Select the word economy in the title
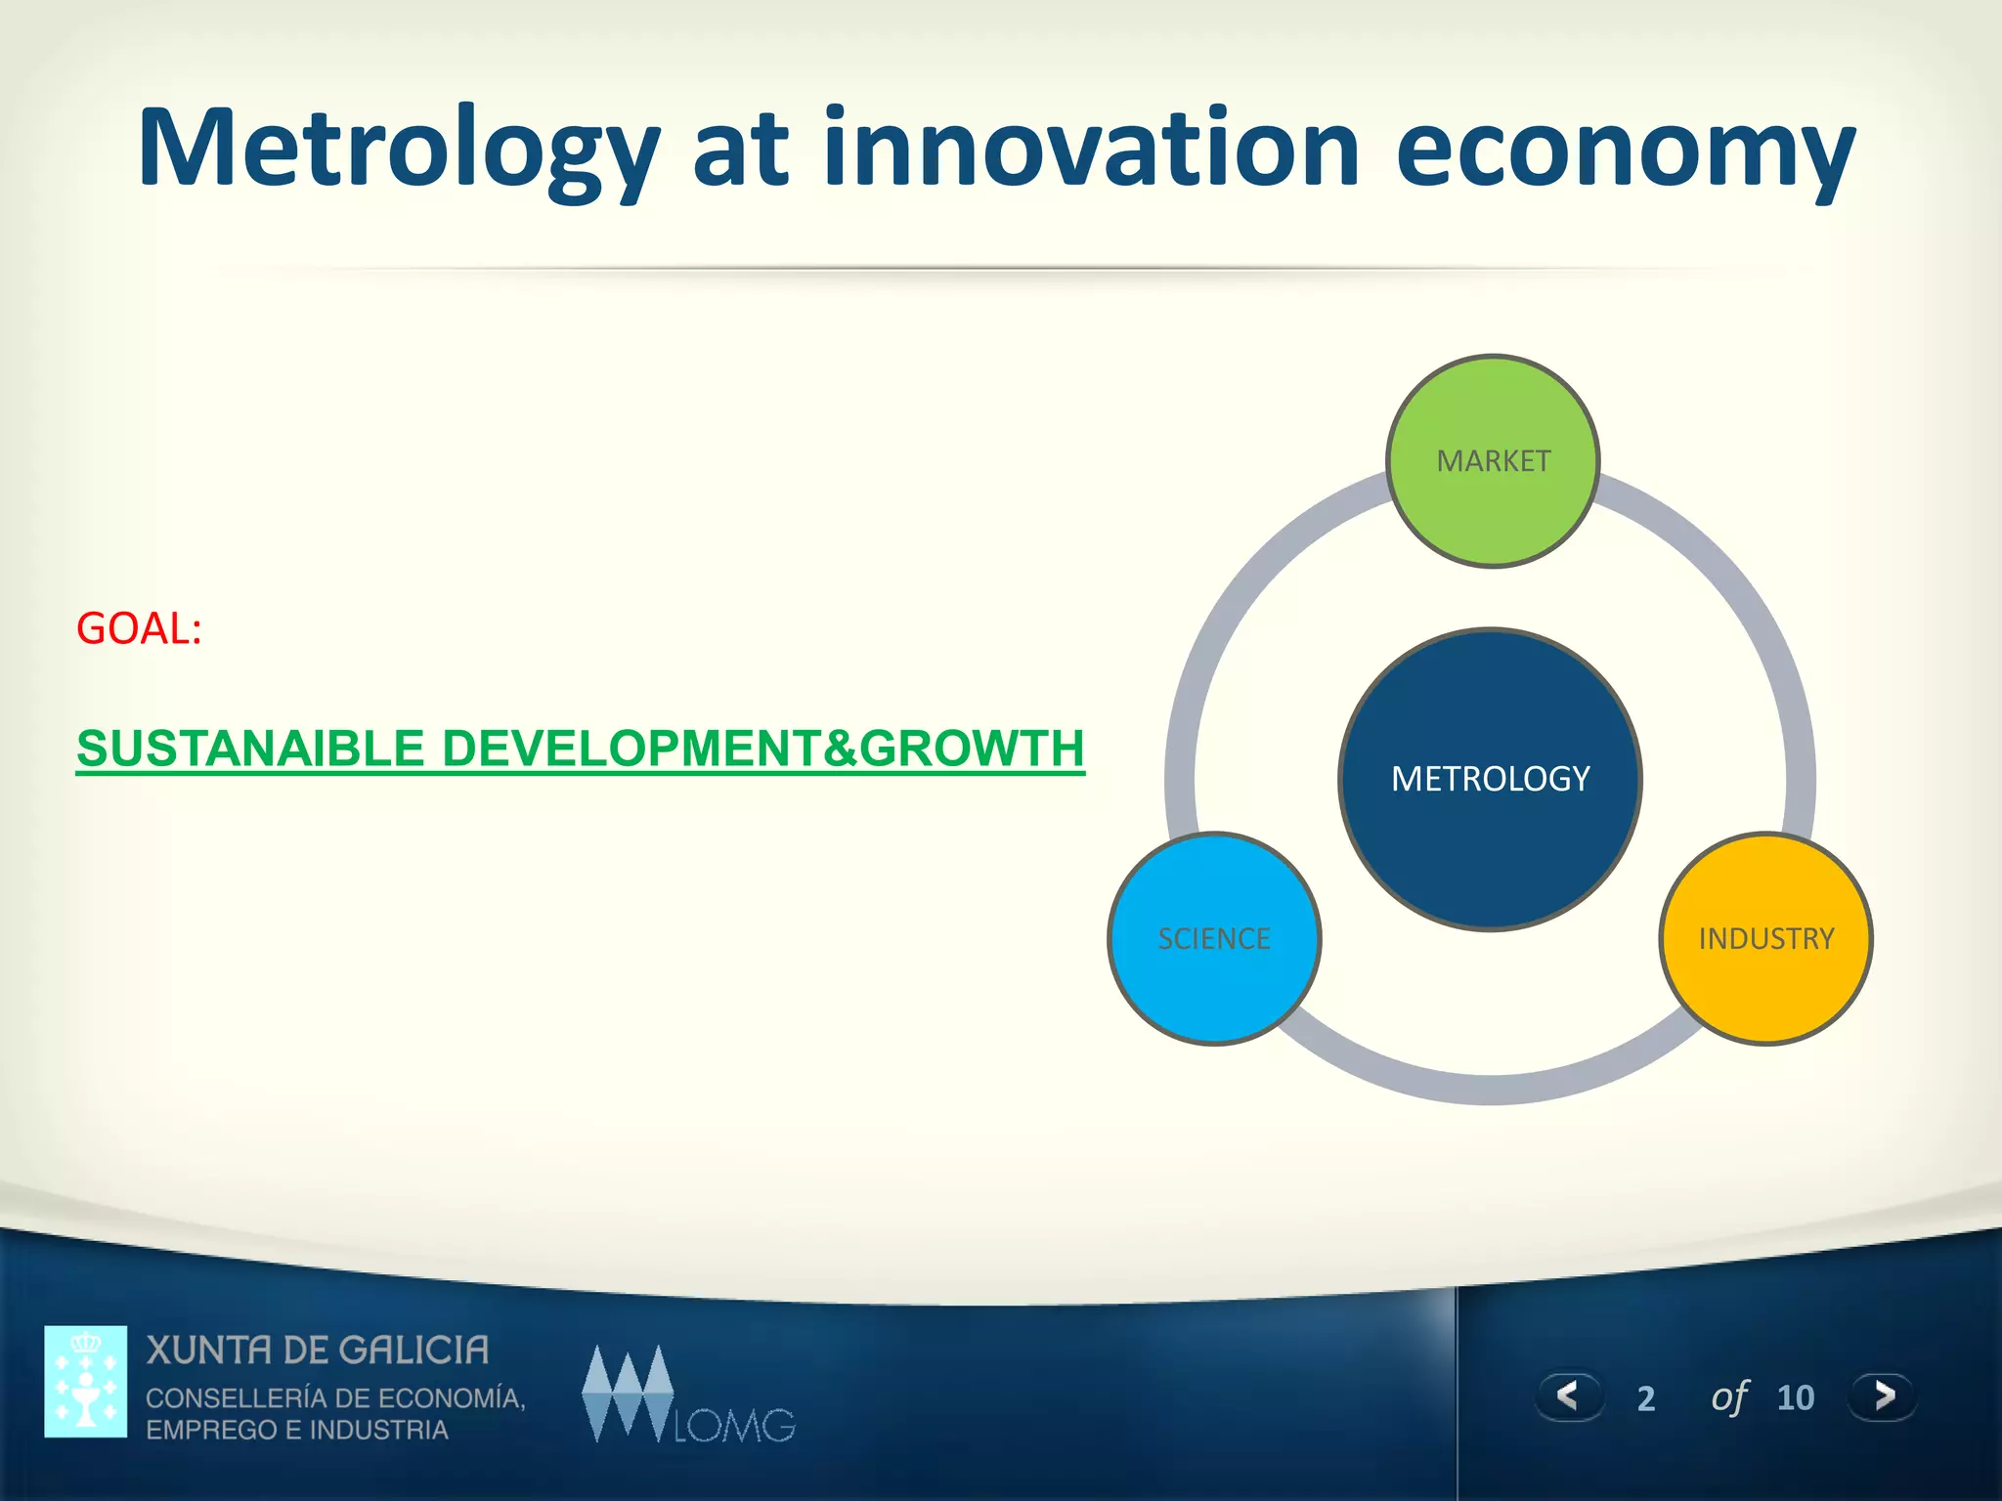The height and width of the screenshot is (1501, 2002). pos(1625,149)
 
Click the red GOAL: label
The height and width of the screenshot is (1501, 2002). pos(139,628)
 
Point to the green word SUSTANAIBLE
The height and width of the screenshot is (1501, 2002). pos(251,749)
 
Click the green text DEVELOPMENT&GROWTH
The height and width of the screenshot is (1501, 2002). pos(762,749)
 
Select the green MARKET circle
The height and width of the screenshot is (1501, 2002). pos(1493,461)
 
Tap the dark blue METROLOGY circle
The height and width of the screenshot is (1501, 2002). pos(1490,779)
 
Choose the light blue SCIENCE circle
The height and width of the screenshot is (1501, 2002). pos(1214,938)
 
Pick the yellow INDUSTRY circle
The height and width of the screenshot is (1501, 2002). pos(1765,938)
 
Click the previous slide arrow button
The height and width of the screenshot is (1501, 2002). pos(1569,1395)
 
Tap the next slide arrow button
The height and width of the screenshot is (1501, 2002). pos(1883,1395)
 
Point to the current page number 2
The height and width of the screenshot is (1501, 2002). pos(1646,1398)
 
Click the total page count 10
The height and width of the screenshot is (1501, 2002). pos(1795,1397)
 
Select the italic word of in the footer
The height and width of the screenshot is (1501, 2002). pos(1728,1397)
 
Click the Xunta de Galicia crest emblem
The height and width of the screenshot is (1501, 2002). pos(86,1381)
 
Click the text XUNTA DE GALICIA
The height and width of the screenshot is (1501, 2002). pos(318,1351)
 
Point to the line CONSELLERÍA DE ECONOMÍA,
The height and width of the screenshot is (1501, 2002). pos(335,1397)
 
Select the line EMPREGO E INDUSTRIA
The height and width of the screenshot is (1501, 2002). pos(297,1430)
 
